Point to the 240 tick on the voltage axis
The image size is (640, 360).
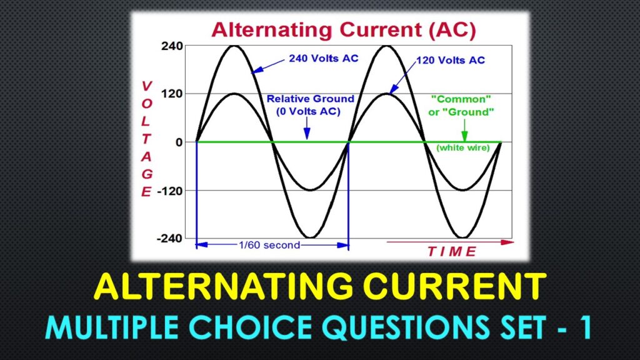click(x=171, y=46)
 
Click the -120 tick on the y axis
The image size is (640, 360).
click(x=169, y=190)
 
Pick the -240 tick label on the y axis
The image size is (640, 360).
click(x=169, y=238)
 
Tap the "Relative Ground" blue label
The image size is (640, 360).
click(x=310, y=99)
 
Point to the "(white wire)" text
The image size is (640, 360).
click(x=462, y=148)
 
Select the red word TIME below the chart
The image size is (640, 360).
click(x=451, y=252)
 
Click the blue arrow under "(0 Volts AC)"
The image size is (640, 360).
click(x=306, y=131)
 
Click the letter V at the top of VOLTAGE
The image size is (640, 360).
click(x=146, y=86)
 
